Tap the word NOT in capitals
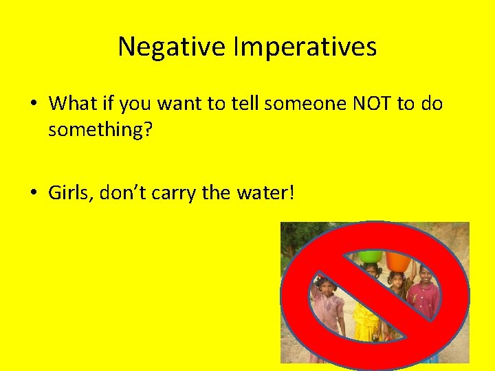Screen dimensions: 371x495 370,104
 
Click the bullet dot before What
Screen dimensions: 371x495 34,104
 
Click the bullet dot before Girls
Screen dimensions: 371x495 34,193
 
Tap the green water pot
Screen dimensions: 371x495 371,256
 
